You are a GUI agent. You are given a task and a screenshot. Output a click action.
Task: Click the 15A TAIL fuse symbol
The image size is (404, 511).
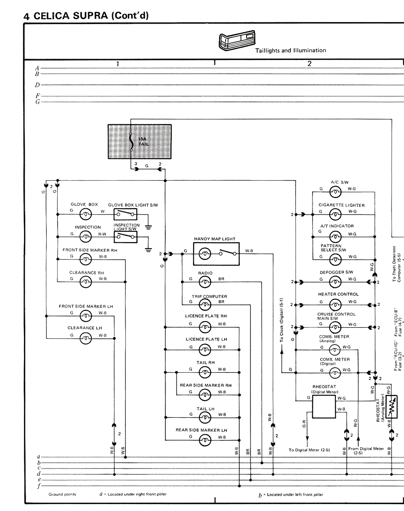tap(131, 141)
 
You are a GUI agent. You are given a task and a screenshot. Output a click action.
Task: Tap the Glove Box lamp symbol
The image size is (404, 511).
tap(86, 214)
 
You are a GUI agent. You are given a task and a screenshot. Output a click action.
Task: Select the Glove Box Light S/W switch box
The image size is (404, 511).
tap(125, 214)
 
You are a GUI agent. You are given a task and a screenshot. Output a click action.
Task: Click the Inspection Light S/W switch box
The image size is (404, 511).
tap(125, 237)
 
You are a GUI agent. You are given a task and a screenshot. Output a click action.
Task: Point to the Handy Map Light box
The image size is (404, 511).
tap(216, 254)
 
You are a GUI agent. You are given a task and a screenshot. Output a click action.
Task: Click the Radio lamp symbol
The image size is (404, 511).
tap(205, 282)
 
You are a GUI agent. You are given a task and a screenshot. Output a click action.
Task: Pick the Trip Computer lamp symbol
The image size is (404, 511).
tap(205, 304)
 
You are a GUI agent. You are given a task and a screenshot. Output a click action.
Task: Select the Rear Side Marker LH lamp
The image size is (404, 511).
tap(205, 441)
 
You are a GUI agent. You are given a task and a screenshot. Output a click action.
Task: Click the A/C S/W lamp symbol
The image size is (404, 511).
tap(335, 192)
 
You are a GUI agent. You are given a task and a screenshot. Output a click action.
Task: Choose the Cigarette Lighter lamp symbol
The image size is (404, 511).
tap(335, 214)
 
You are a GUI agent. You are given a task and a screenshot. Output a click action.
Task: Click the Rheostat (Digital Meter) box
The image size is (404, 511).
tap(324, 406)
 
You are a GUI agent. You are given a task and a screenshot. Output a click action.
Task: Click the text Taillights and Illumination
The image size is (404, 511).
tap(290, 51)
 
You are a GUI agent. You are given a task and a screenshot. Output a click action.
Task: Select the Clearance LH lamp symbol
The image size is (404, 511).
tap(86, 339)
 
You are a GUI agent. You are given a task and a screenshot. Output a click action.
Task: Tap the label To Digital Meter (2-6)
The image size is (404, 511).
tap(309, 450)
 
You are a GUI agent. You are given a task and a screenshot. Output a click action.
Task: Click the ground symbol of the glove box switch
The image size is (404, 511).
tap(148, 226)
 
